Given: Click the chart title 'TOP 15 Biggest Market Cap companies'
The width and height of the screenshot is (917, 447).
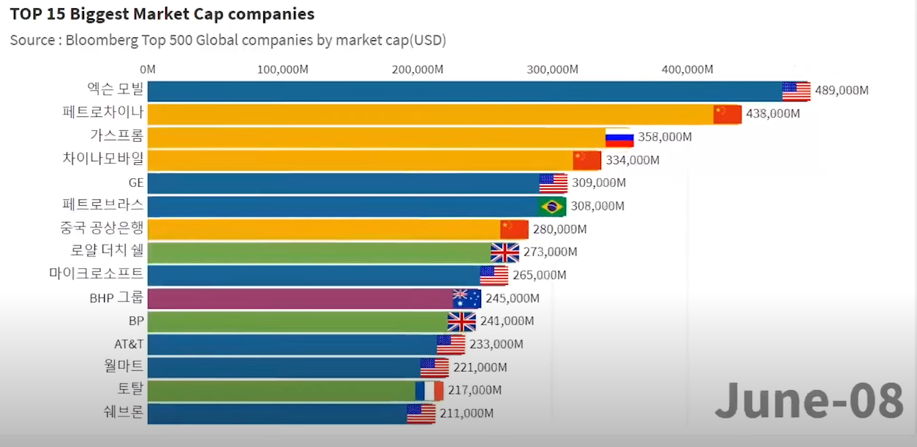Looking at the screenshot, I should click(x=162, y=14).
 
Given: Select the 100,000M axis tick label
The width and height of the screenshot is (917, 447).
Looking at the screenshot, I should click(x=283, y=69).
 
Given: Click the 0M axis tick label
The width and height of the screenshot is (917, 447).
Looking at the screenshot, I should click(x=147, y=69).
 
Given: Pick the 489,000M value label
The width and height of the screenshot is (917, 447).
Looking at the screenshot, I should click(x=842, y=91).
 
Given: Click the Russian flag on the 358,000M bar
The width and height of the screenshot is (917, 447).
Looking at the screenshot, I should click(x=619, y=137).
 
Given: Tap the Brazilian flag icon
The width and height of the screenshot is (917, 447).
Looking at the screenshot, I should click(x=552, y=207).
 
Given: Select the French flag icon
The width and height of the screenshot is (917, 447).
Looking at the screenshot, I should click(x=429, y=391).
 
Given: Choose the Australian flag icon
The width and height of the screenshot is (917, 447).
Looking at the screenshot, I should click(x=467, y=299).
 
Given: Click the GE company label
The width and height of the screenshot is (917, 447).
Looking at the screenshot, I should click(x=136, y=183).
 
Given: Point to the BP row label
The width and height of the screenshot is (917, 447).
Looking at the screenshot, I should click(x=136, y=321).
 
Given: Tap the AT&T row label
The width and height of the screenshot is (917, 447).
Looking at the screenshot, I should click(x=129, y=344).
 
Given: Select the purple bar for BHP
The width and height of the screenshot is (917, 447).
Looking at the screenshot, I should click(x=300, y=299).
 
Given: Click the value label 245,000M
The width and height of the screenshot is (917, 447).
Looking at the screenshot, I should click(x=512, y=299).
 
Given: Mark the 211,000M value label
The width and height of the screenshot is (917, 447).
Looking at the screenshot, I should click(x=467, y=413).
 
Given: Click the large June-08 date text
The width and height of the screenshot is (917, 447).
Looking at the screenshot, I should click(x=810, y=401).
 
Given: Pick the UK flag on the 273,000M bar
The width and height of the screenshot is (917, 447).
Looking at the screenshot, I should click(x=505, y=253).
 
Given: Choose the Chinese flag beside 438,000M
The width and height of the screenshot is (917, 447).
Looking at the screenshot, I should click(x=728, y=114).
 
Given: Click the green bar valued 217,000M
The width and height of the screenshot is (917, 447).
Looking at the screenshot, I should click(x=282, y=391).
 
